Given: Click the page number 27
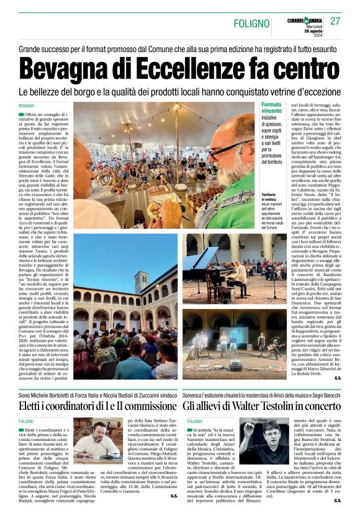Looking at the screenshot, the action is [335, 21].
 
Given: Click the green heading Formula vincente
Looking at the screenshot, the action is [271, 110].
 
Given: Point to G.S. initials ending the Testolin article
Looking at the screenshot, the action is [337, 501].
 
